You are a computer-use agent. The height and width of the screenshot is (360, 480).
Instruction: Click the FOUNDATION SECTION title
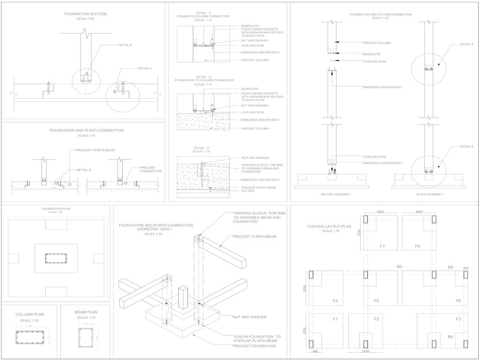pos(85,14)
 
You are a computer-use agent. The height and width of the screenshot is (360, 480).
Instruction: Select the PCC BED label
pos(248,191)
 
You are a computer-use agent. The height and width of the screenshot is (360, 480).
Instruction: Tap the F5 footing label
pos(376,301)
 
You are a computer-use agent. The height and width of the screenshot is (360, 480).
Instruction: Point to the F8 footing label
pos(417,246)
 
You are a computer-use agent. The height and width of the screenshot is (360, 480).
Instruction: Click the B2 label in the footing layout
pos(399,267)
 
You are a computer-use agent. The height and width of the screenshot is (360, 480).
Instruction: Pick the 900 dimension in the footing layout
pos(315,351)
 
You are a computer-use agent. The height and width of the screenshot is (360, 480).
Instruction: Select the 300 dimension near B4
pos(465,268)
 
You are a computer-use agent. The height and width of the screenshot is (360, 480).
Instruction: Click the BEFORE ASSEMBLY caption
pos(336,194)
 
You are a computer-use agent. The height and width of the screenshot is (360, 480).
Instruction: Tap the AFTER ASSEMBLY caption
pos(430,194)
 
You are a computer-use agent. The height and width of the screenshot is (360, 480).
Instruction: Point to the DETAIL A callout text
pos(466,44)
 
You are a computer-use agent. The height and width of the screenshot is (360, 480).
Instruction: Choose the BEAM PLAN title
pos(86,312)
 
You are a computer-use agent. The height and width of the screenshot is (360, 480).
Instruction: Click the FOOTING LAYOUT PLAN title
pos(329,227)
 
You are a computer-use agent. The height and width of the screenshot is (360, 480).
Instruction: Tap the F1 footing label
pos(335,319)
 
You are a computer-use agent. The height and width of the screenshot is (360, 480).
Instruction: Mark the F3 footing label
pos(458,319)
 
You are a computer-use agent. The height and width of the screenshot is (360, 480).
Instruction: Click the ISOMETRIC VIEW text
pos(156,229)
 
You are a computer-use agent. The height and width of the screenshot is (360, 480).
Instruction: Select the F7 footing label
pos(382,246)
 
